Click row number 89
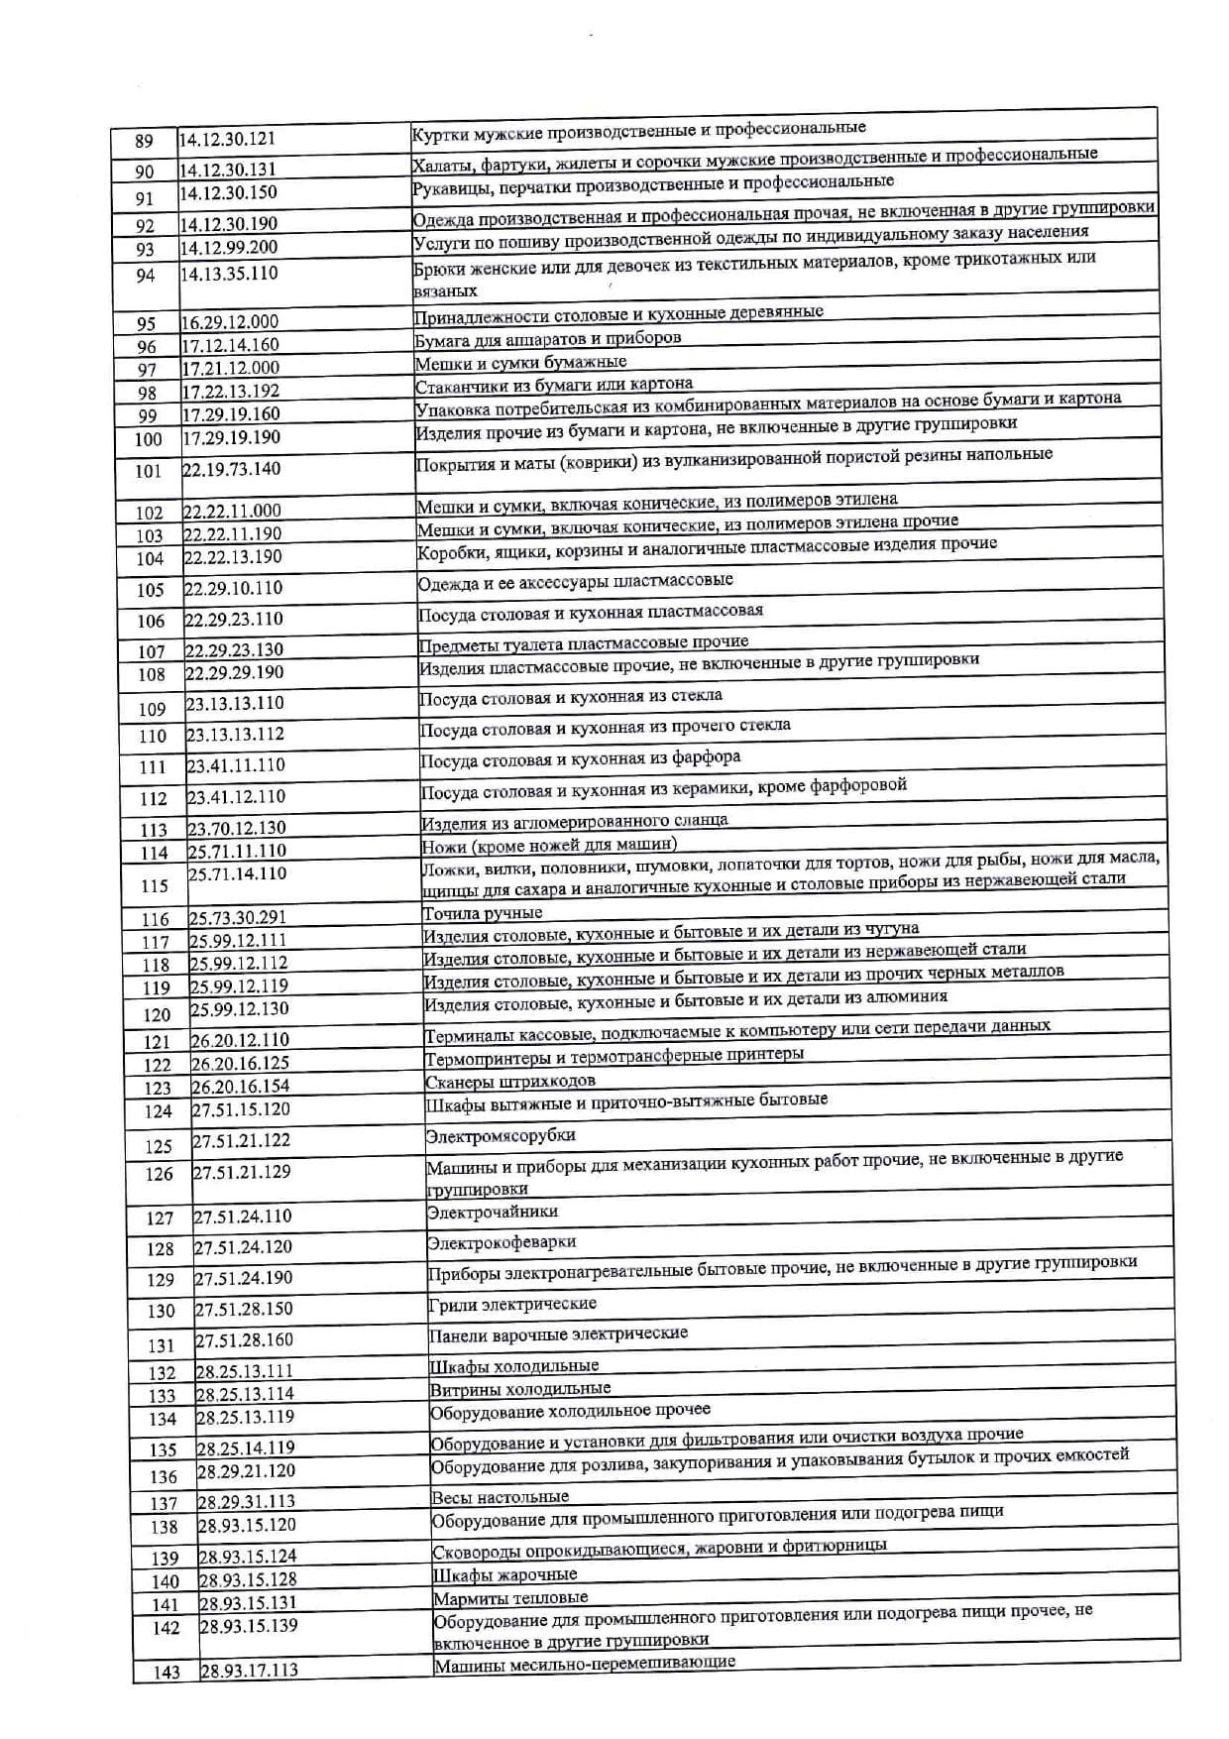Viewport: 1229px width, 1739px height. coord(144,142)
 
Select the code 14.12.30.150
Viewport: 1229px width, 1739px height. coord(228,193)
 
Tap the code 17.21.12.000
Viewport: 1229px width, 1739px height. coord(230,368)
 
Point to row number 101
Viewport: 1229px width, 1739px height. coord(148,471)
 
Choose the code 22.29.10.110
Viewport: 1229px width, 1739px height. coord(233,589)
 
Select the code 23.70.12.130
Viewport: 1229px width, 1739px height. coord(236,829)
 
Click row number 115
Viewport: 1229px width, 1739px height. coord(155,886)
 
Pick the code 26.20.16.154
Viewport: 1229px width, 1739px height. coord(240,1087)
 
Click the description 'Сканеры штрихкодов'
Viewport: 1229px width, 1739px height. coord(510,1082)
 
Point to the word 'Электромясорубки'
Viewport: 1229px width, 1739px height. coord(501,1136)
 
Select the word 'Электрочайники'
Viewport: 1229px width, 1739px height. coord(493,1213)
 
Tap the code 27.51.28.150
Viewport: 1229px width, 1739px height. coord(244,1309)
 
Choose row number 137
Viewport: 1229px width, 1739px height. coord(164,1504)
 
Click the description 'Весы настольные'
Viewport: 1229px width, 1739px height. coord(501,1497)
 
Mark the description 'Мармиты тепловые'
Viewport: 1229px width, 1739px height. coord(510,1598)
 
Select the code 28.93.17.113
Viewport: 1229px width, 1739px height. coord(249,1671)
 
